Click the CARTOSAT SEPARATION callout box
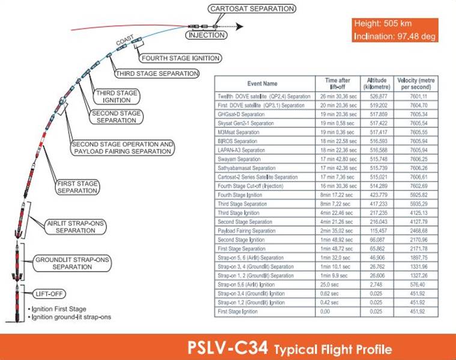[x=252, y=8]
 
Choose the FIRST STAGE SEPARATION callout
[x=78, y=186]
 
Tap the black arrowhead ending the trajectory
[x=239, y=26]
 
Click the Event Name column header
[x=263, y=84]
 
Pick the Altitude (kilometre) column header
[x=376, y=84]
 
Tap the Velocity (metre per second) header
[x=416, y=84]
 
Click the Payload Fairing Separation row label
[x=246, y=230]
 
